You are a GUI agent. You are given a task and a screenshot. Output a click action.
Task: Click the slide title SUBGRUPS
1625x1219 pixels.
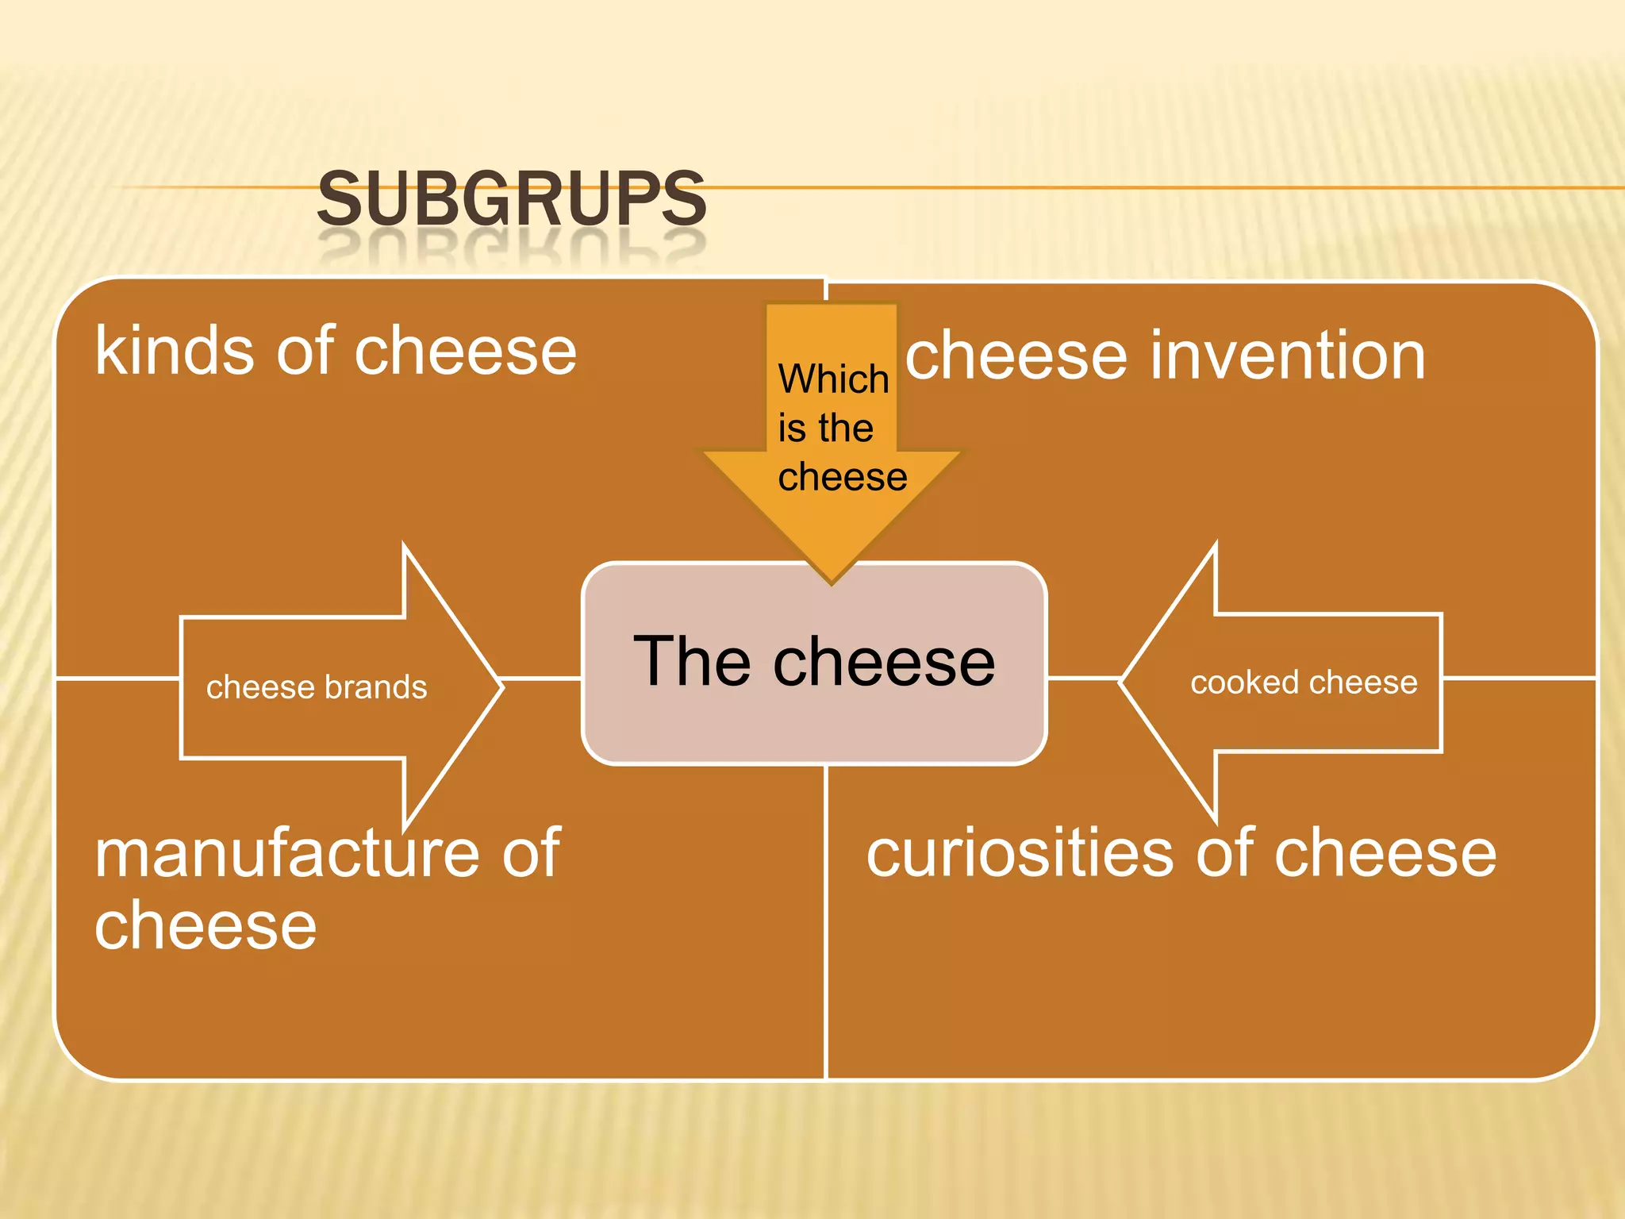tap(512, 199)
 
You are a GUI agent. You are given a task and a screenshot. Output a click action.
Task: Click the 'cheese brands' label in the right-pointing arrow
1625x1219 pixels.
tap(317, 687)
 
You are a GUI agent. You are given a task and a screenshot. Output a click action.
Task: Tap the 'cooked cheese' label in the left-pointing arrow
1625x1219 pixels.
tap(1304, 683)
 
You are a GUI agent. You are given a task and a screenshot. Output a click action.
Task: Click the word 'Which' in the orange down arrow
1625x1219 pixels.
tap(833, 379)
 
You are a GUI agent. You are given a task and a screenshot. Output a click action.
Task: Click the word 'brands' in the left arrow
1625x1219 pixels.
tap(376, 687)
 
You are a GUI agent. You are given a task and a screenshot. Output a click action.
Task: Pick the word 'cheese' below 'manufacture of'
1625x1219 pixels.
tap(206, 925)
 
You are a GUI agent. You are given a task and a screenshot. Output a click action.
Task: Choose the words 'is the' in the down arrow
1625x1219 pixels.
tap(825, 429)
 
